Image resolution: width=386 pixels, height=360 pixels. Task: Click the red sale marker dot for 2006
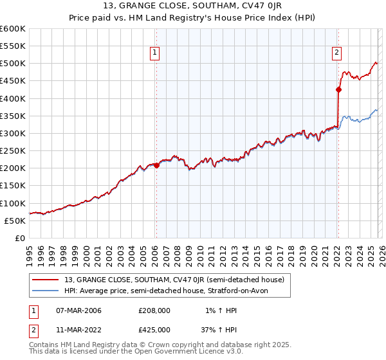[156, 165]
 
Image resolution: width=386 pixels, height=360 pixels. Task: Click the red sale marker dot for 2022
[338, 90]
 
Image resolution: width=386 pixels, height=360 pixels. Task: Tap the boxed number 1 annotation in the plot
[156, 53]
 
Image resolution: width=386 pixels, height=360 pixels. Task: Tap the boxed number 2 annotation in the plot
[337, 53]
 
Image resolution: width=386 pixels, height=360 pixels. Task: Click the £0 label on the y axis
[19, 238]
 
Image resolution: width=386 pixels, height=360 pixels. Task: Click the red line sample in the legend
[47, 279]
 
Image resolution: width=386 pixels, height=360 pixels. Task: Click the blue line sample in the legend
[47, 291]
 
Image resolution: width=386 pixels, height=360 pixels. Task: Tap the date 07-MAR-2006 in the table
[78, 310]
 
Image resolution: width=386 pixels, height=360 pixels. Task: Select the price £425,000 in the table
[154, 329]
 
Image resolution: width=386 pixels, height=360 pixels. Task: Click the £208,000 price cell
[154, 310]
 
